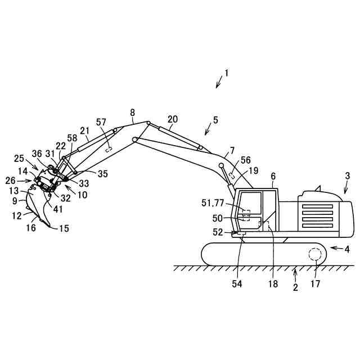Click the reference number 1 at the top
click(x=226, y=73)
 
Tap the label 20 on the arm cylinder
click(x=173, y=119)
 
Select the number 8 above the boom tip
click(x=133, y=112)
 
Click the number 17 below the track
click(x=316, y=284)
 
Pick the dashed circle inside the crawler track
click(x=316, y=255)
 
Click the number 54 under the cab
click(x=237, y=284)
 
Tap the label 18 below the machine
click(x=273, y=284)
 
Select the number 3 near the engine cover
click(x=347, y=176)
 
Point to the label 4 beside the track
click(x=347, y=248)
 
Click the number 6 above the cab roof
click(x=273, y=177)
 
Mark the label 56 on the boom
click(x=245, y=160)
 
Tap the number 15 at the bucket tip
click(x=65, y=228)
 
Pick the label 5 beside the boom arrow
click(x=215, y=120)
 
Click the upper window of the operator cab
click(x=251, y=202)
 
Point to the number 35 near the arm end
click(x=102, y=174)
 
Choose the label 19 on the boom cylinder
click(x=253, y=170)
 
